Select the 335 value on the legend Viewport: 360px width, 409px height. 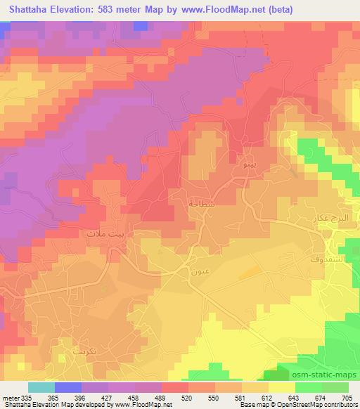point(27,397)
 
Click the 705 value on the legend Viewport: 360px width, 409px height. point(347,397)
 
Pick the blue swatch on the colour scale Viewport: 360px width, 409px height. point(67,387)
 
